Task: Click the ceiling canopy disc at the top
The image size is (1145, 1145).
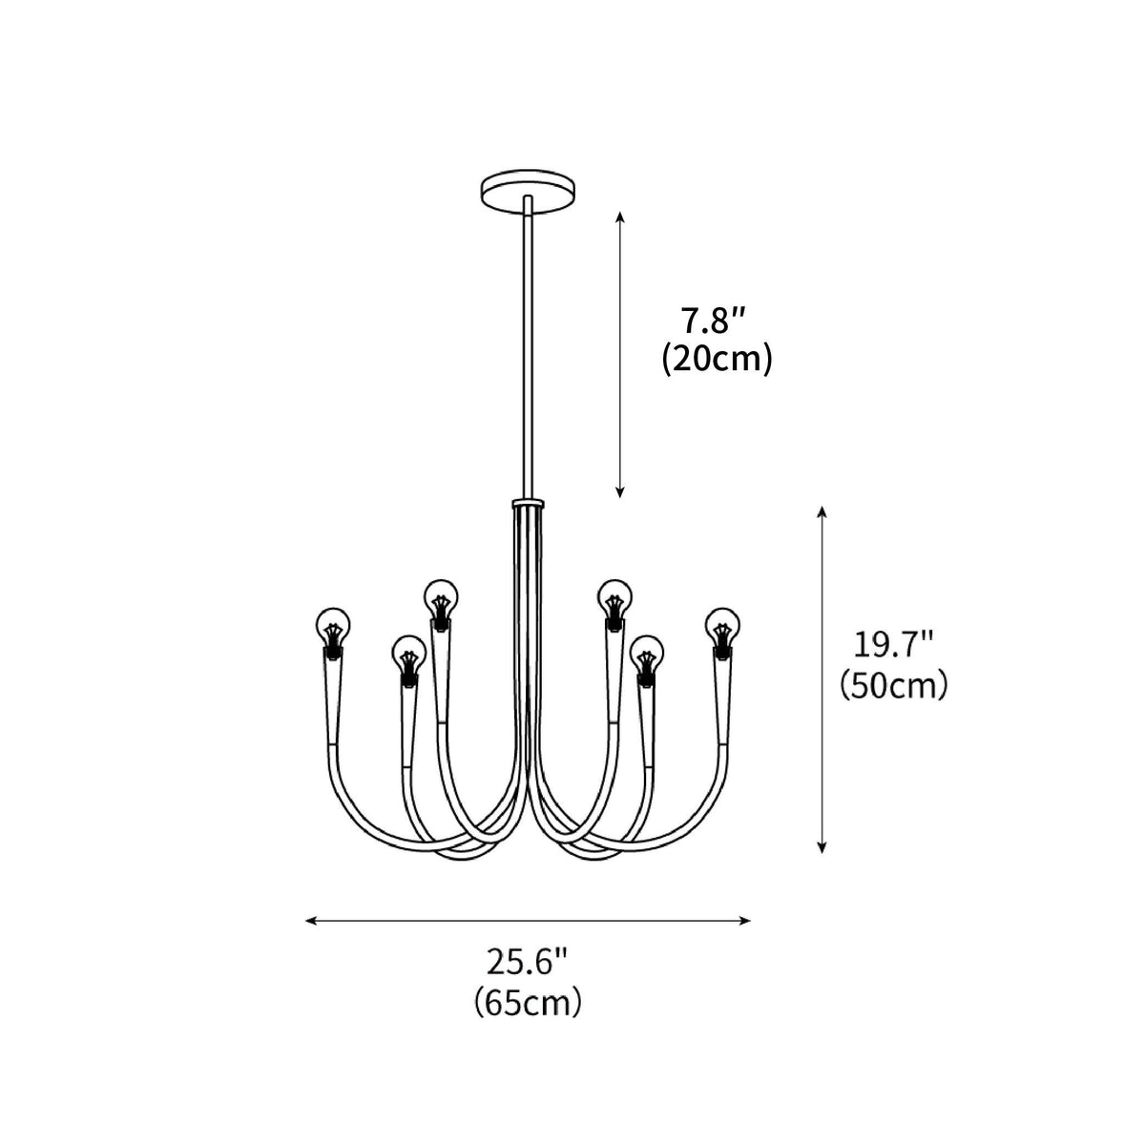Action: tap(528, 190)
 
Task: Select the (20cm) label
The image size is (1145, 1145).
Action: tap(717, 359)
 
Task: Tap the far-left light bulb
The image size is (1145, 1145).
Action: tap(333, 632)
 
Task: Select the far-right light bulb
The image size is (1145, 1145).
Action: tap(722, 632)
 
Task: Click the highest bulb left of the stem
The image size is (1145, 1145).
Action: tap(442, 604)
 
